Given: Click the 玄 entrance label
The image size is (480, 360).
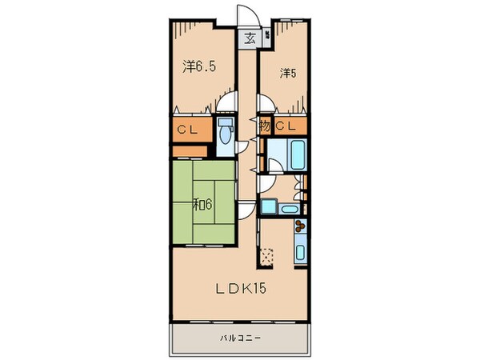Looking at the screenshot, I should click(249, 37).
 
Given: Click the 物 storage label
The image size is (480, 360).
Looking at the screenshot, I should click(264, 126).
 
